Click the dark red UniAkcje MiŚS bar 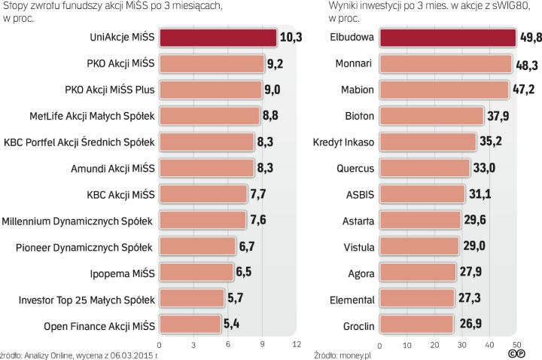pos(218,38)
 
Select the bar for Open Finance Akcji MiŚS pos(192,325)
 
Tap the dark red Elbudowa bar pos(447,38)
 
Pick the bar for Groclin pos(416,325)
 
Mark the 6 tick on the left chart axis pos(228,346)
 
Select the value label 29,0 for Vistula pos(474,247)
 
